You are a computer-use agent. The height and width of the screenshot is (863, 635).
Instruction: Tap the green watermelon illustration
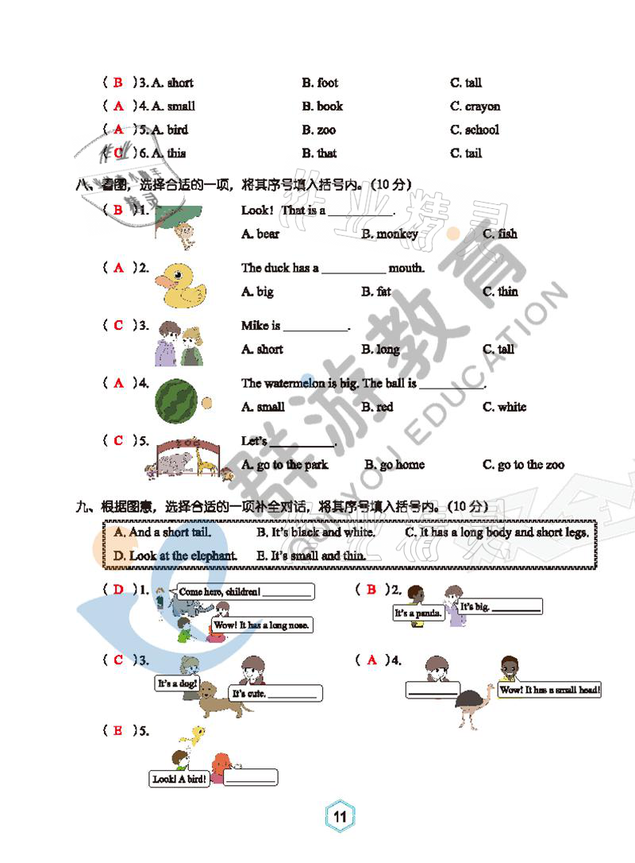point(175,400)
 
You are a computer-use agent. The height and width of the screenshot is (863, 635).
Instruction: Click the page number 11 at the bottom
point(340,816)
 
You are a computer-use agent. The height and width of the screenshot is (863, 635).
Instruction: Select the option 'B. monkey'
point(389,234)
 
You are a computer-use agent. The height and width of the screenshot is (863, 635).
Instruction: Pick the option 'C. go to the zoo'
point(523,465)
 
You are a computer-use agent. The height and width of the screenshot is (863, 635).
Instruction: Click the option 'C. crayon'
point(475,106)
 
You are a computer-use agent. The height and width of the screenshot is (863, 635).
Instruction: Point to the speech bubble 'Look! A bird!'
point(179,779)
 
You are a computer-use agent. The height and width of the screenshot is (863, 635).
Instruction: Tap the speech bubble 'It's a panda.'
point(419,613)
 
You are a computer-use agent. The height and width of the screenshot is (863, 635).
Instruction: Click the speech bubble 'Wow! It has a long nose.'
point(262,625)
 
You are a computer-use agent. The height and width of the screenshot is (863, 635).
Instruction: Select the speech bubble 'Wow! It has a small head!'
point(549,690)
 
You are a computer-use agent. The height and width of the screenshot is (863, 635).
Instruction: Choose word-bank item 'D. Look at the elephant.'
point(175,555)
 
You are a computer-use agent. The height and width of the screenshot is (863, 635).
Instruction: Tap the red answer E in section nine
point(118,729)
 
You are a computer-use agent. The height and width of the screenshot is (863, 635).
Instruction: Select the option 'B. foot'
point(319,83)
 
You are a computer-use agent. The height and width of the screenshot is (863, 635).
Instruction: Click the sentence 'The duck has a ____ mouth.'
point(333,268)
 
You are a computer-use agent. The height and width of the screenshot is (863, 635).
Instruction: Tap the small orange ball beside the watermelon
point(207,403)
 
